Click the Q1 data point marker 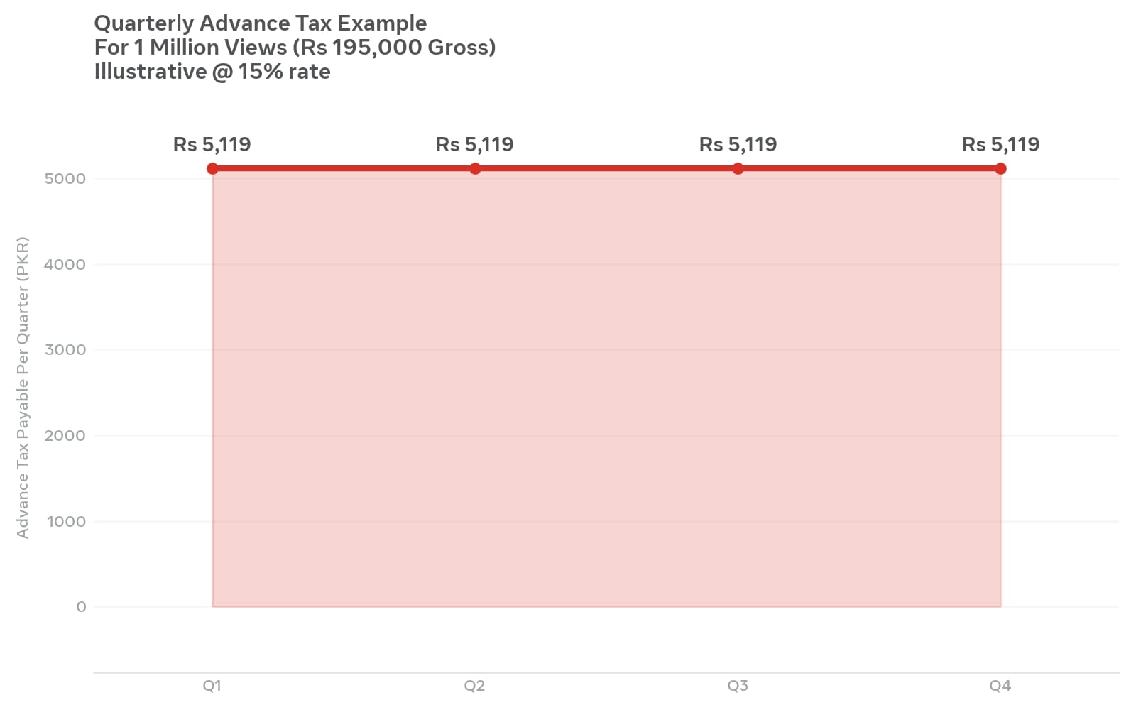click(212, 168)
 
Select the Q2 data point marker click(475, 168)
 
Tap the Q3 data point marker click(738, 168)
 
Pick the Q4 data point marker click(1000, 168)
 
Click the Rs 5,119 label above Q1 click(212, 145)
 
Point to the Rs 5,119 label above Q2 click(475, 145)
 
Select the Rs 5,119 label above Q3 click(738, 145)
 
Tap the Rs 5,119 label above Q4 click(1000, 145)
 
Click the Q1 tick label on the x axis click(212, 686)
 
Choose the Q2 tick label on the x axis click(475, 686)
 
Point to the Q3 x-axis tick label click(738, 686)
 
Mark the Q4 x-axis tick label click(1000, 686)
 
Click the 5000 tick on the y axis click(65, 178)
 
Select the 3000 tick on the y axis click(65, 350)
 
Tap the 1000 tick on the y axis click(66, 521)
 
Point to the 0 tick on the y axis click(81, 606)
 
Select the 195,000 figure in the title click(377, 47)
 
